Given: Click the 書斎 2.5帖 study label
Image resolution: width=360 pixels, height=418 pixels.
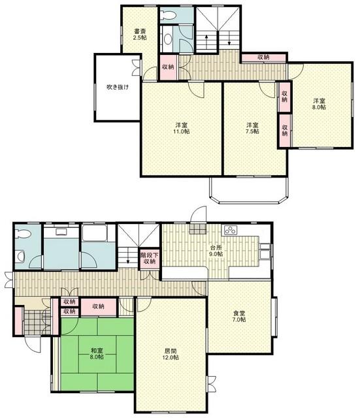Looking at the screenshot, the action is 140,34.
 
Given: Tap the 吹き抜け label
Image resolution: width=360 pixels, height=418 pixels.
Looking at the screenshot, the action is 118,87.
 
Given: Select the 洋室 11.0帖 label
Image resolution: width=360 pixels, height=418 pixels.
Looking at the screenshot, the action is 182,128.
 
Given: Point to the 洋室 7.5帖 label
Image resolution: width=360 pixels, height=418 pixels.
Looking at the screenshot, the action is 252,128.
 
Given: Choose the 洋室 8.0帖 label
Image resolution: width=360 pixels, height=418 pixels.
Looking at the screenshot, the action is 319,104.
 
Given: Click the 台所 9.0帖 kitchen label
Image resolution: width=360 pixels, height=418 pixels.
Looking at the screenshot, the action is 216,250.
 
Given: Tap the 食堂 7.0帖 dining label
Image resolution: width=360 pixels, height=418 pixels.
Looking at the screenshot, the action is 239,316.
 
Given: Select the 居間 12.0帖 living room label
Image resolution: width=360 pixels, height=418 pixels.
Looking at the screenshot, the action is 171,354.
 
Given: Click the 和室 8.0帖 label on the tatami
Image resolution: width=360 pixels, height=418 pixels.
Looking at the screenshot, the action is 97,354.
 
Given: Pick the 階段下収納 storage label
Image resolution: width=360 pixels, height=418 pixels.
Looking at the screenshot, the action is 150,259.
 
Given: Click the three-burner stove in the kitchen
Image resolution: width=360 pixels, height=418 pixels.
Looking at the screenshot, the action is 231,231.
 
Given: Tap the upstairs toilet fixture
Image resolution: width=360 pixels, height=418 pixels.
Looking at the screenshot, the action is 169,15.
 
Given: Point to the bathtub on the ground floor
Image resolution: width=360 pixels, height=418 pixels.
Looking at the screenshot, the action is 95,234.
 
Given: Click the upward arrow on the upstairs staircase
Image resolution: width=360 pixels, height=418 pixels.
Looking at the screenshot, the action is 206,40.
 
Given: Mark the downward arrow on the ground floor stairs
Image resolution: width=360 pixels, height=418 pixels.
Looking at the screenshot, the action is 128,257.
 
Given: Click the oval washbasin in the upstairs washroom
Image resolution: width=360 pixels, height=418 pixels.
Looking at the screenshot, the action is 168,39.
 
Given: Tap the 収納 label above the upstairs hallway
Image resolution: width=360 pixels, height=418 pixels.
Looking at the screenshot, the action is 263,57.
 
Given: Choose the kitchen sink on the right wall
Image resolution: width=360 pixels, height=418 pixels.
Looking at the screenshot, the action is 265,251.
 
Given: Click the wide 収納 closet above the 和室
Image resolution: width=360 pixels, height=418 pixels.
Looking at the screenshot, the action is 99,307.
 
